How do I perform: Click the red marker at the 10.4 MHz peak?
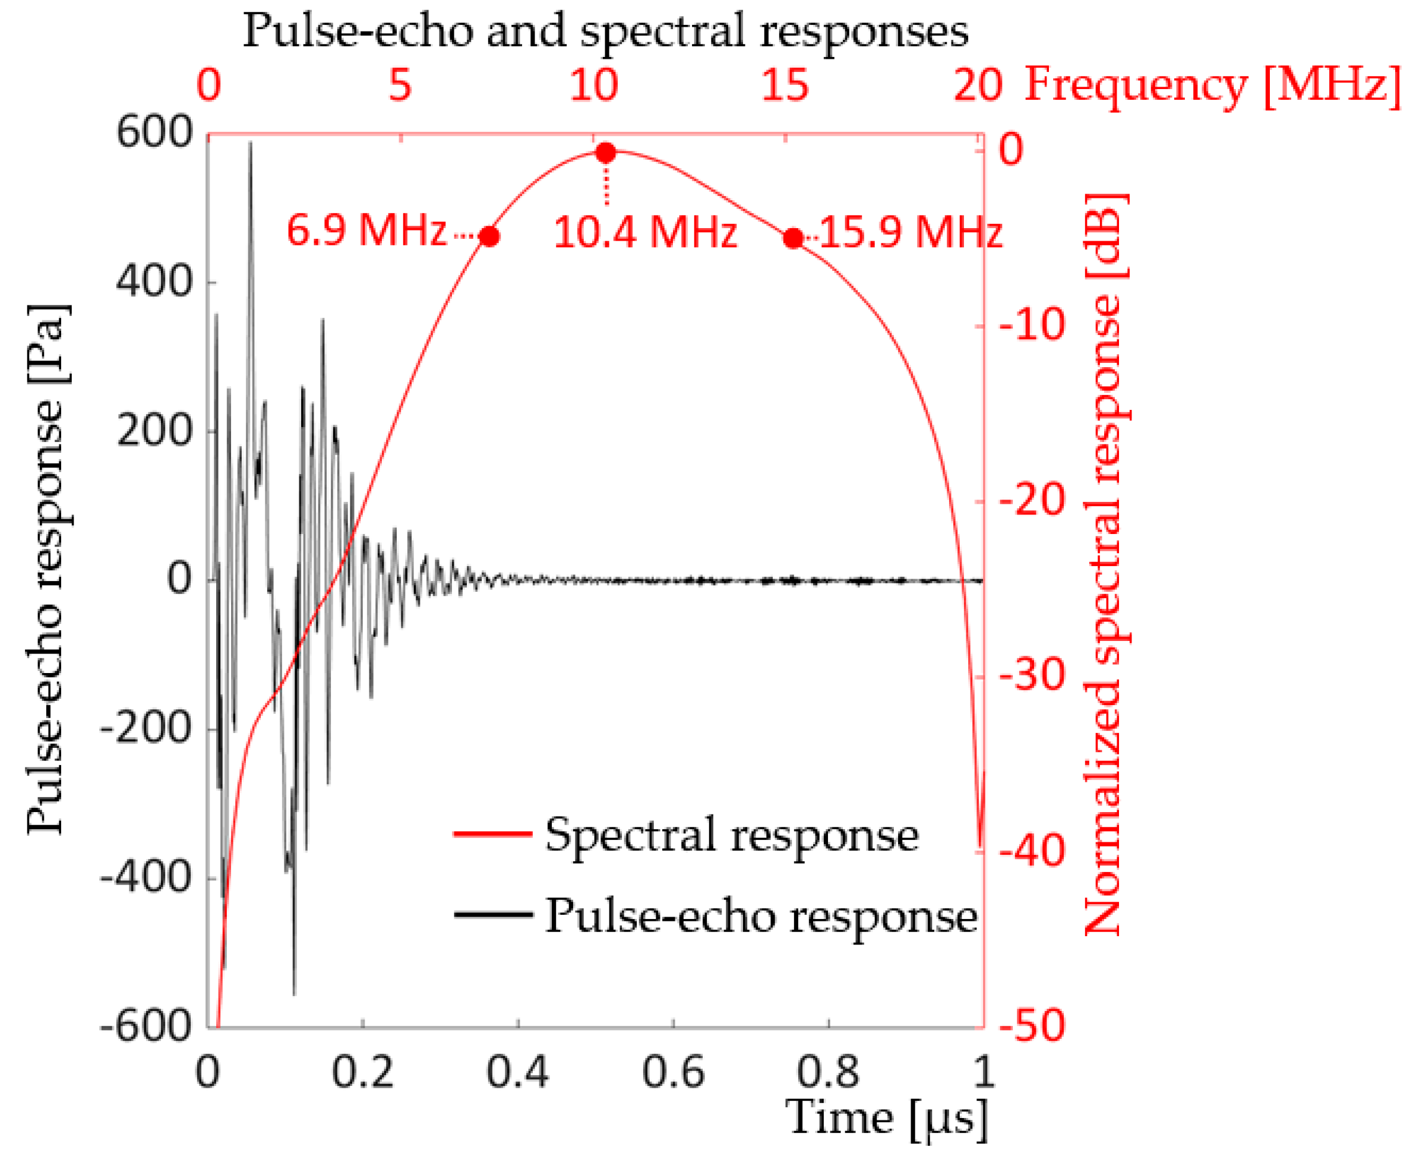pos(605,153)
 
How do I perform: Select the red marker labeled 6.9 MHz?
pos(489,236)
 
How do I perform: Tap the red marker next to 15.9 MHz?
pos(793,238)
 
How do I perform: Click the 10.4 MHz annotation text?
pos(645,233)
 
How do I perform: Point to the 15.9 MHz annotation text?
pos(911,233)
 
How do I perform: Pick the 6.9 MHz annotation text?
pos(366,231)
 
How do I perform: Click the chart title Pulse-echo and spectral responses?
pos(605,31)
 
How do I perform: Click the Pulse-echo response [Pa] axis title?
pos(48,569)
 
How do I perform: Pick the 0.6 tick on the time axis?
pos(673,1073)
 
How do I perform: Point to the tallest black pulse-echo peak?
pos(251,143)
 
